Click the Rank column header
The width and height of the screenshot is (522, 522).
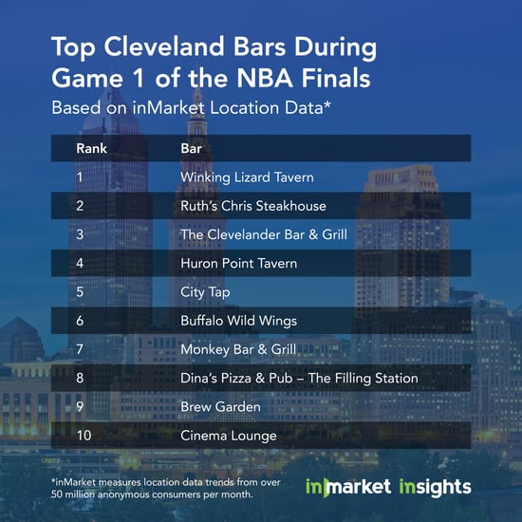click(91, 148)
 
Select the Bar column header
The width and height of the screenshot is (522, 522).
click(191, 148)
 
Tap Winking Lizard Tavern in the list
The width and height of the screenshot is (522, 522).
click(247, 177)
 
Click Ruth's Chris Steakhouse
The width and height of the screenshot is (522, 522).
click(253, 206)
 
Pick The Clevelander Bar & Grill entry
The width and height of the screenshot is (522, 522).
click(264, 234)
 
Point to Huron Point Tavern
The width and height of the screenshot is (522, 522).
click(238, 263)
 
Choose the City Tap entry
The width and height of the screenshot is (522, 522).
click(205, 292)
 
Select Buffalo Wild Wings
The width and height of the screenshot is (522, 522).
click(238, 321)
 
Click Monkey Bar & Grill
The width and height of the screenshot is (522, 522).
click(238, 350)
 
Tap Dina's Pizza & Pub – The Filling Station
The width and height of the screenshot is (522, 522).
click(299, 378)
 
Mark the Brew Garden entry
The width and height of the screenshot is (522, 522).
click(220, 407)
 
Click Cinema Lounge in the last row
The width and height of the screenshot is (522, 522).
click(229, 436)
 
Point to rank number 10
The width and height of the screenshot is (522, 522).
click(84, 436)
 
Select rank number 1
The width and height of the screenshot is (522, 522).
click(80, 177)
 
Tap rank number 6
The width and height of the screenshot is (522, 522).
click(80, 321)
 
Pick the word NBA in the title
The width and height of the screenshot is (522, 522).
click(265, 78)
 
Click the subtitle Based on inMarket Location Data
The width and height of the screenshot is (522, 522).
click(191, 107)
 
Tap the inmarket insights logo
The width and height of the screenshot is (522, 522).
click(388, 487)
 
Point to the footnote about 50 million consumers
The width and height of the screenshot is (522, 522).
click(166, 489)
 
